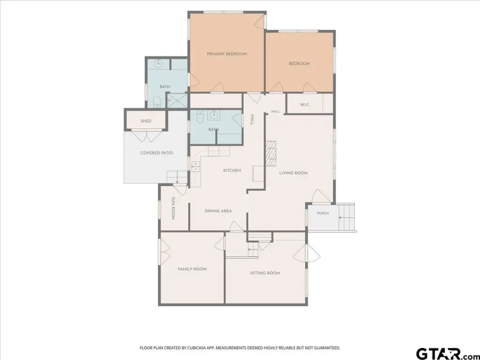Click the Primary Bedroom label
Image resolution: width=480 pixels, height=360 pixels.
[227, 54]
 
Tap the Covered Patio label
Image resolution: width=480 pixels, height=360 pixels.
[157, 153]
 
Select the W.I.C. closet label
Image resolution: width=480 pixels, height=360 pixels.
[305, 105]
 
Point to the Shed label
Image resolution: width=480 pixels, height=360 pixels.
[146, 121]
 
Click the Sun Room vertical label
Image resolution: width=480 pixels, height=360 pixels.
[173, 208]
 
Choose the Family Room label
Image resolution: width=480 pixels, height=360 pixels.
[192, 269]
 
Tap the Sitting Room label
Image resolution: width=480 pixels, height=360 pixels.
[265, 273]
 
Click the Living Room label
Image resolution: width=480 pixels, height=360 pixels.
[293, 173]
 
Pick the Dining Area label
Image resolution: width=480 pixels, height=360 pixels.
[218, 211]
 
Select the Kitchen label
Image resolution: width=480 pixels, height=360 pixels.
[232, 170]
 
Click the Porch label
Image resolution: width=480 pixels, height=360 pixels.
[323, 213]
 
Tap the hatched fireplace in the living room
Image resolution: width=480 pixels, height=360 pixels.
[270, 154]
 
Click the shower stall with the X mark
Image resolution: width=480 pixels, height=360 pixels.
[177, 100]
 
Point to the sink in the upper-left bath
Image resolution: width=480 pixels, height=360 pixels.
[158, 64]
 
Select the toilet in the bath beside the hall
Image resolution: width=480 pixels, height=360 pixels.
[200, 117]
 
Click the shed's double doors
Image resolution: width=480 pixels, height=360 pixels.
[146, 136]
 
